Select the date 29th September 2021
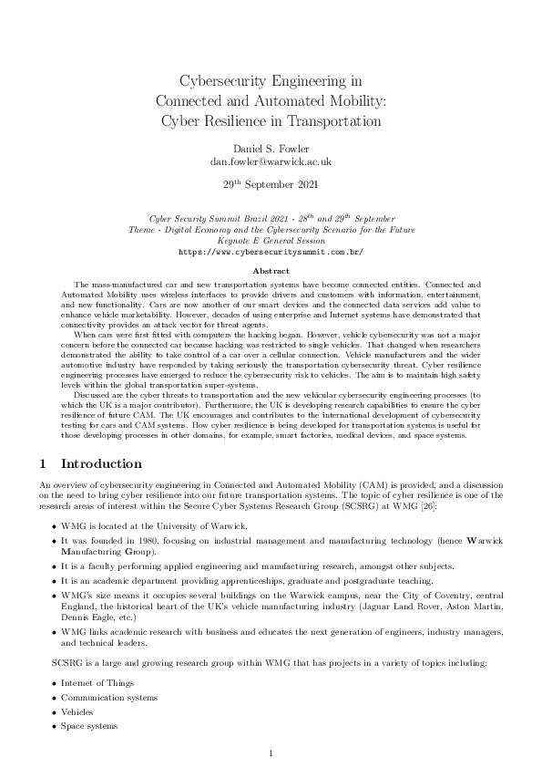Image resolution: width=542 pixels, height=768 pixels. [271, 183]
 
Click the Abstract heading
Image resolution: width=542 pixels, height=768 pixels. [271, 271]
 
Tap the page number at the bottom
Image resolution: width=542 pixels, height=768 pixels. [271, 752]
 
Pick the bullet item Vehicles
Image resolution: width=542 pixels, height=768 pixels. [77, 711]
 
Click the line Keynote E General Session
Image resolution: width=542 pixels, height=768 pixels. [271, 240]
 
